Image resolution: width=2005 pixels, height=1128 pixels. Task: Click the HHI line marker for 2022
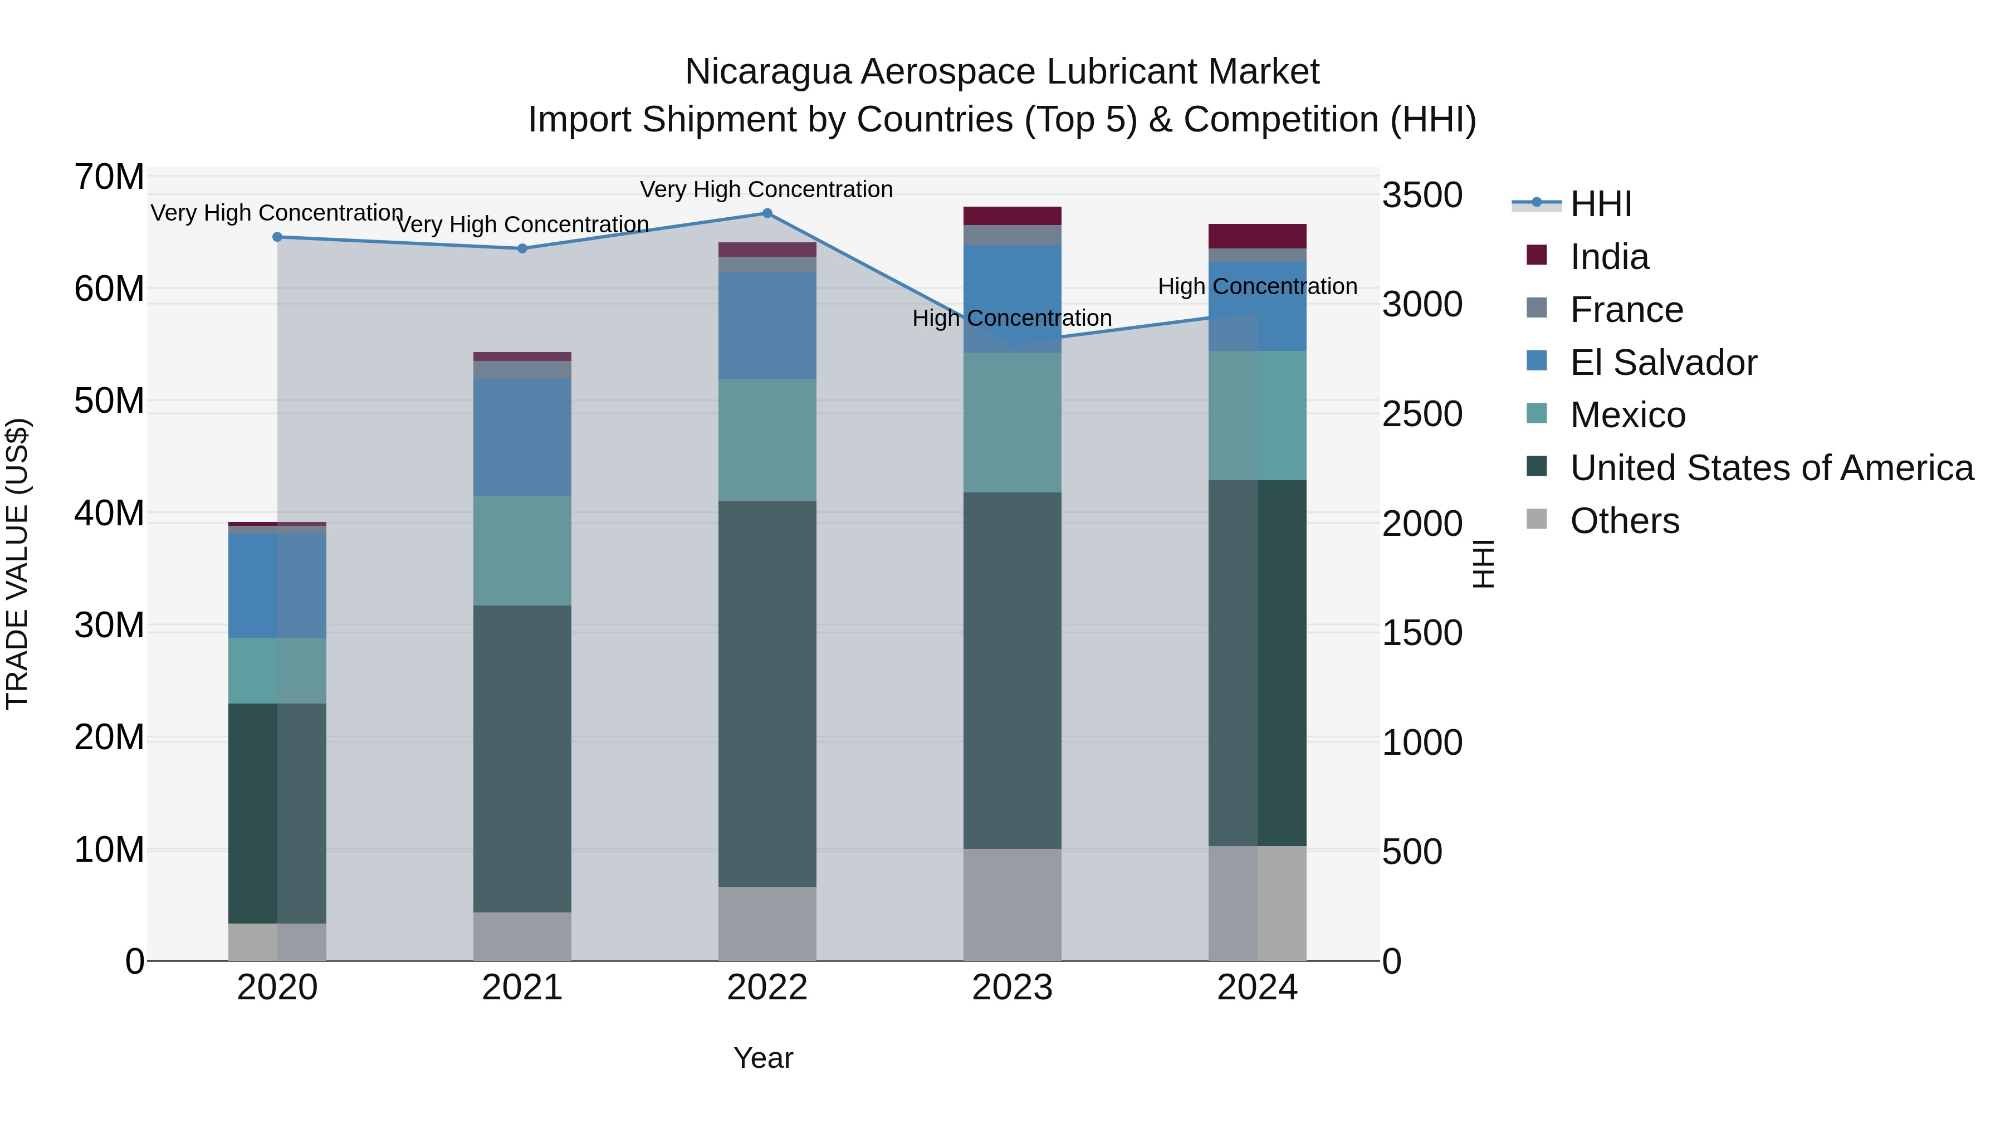click(767, 213)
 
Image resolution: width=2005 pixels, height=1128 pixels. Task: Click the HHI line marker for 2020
click(277, 237)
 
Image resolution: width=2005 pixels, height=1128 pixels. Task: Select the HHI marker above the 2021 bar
click(522, 248)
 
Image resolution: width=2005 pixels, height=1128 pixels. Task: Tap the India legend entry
click(1609, 257)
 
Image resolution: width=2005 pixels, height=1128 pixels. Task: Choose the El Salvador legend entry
click(1662, 363)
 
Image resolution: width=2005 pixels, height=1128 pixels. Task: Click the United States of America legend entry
click(1772, 468)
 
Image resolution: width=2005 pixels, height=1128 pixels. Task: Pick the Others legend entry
click(1625, 521)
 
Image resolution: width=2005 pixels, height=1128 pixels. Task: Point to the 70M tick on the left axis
click(109, 177)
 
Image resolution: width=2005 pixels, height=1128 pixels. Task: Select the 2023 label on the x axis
click(1012, 988)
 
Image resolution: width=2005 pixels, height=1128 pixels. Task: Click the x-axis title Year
click(763, 1058)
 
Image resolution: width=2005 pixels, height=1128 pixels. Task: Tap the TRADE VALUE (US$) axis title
click(17, 564)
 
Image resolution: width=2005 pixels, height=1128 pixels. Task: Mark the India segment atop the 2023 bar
click(1012, 216)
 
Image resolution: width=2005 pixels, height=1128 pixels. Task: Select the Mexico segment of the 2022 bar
click(767, 440)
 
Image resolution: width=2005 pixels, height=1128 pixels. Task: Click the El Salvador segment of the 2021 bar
click(522, 437)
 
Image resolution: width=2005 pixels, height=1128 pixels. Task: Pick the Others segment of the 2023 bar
click(1012, 905)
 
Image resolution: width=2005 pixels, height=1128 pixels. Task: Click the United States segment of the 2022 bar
click(767, 693)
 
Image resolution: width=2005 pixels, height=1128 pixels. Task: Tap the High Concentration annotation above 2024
click(1257, 286)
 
